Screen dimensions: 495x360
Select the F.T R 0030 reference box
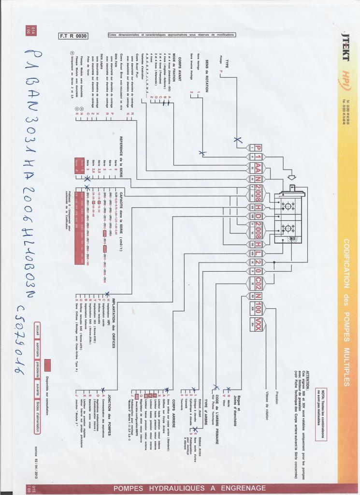point(73,35)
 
